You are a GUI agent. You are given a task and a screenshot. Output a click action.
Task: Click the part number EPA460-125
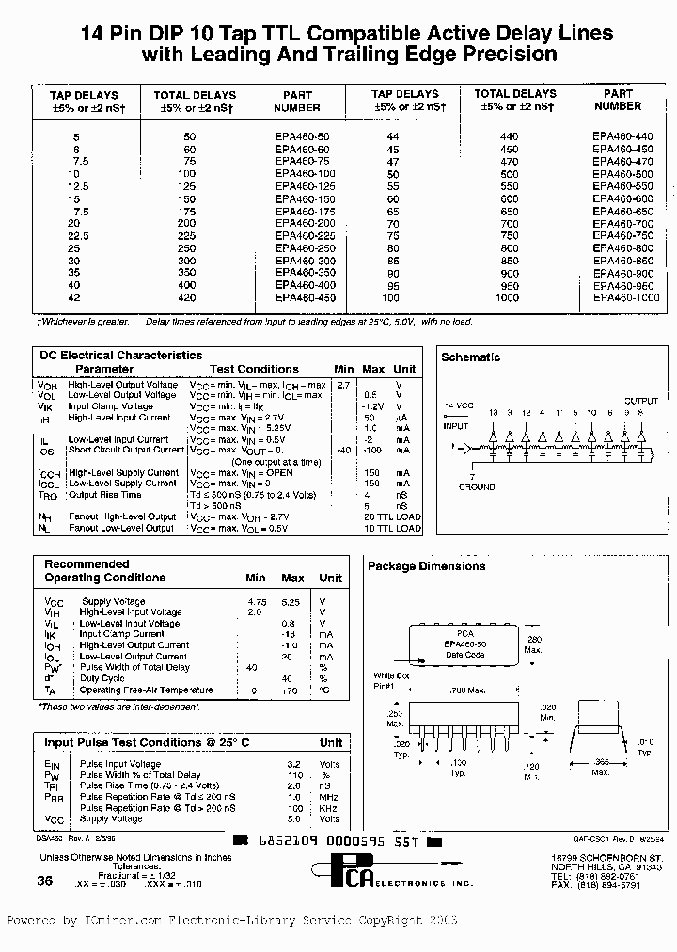(305, 186)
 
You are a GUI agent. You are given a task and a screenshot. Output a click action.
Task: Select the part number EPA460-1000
(625, 297)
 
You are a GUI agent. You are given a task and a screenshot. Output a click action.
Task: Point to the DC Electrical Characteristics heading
(120, 356)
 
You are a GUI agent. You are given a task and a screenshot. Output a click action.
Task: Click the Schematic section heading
(470, 357)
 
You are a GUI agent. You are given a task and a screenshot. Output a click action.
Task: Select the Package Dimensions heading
(426, 566)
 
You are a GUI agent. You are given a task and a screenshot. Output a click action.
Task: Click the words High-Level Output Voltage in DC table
(122, 385)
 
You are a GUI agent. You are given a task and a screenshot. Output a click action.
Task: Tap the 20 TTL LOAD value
(392, 517)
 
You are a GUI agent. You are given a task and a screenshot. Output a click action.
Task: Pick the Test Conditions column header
(254, 370)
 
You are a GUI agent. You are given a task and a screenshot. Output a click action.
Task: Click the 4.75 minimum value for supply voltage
(257, 601)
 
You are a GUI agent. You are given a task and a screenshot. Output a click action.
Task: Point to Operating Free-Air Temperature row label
(146, 690)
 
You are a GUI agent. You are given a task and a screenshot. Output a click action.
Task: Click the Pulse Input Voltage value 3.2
(292, 764)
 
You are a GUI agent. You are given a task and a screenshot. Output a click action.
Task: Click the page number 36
(44, 881)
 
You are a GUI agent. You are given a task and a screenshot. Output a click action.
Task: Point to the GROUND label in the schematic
(477, 487)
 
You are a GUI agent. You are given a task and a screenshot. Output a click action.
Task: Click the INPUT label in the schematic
(456, 426)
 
